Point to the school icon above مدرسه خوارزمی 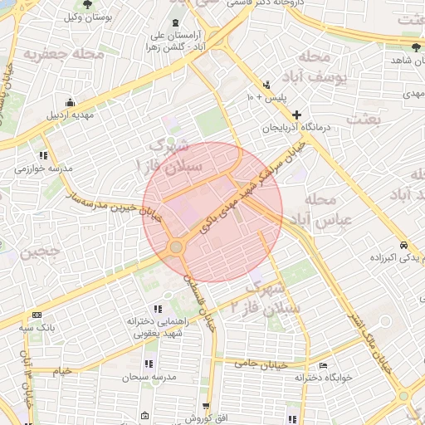43,155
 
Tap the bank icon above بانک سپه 37,315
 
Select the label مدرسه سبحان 148,377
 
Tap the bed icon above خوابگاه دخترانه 324,365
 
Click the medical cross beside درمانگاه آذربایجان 296,115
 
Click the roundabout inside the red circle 175,247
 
